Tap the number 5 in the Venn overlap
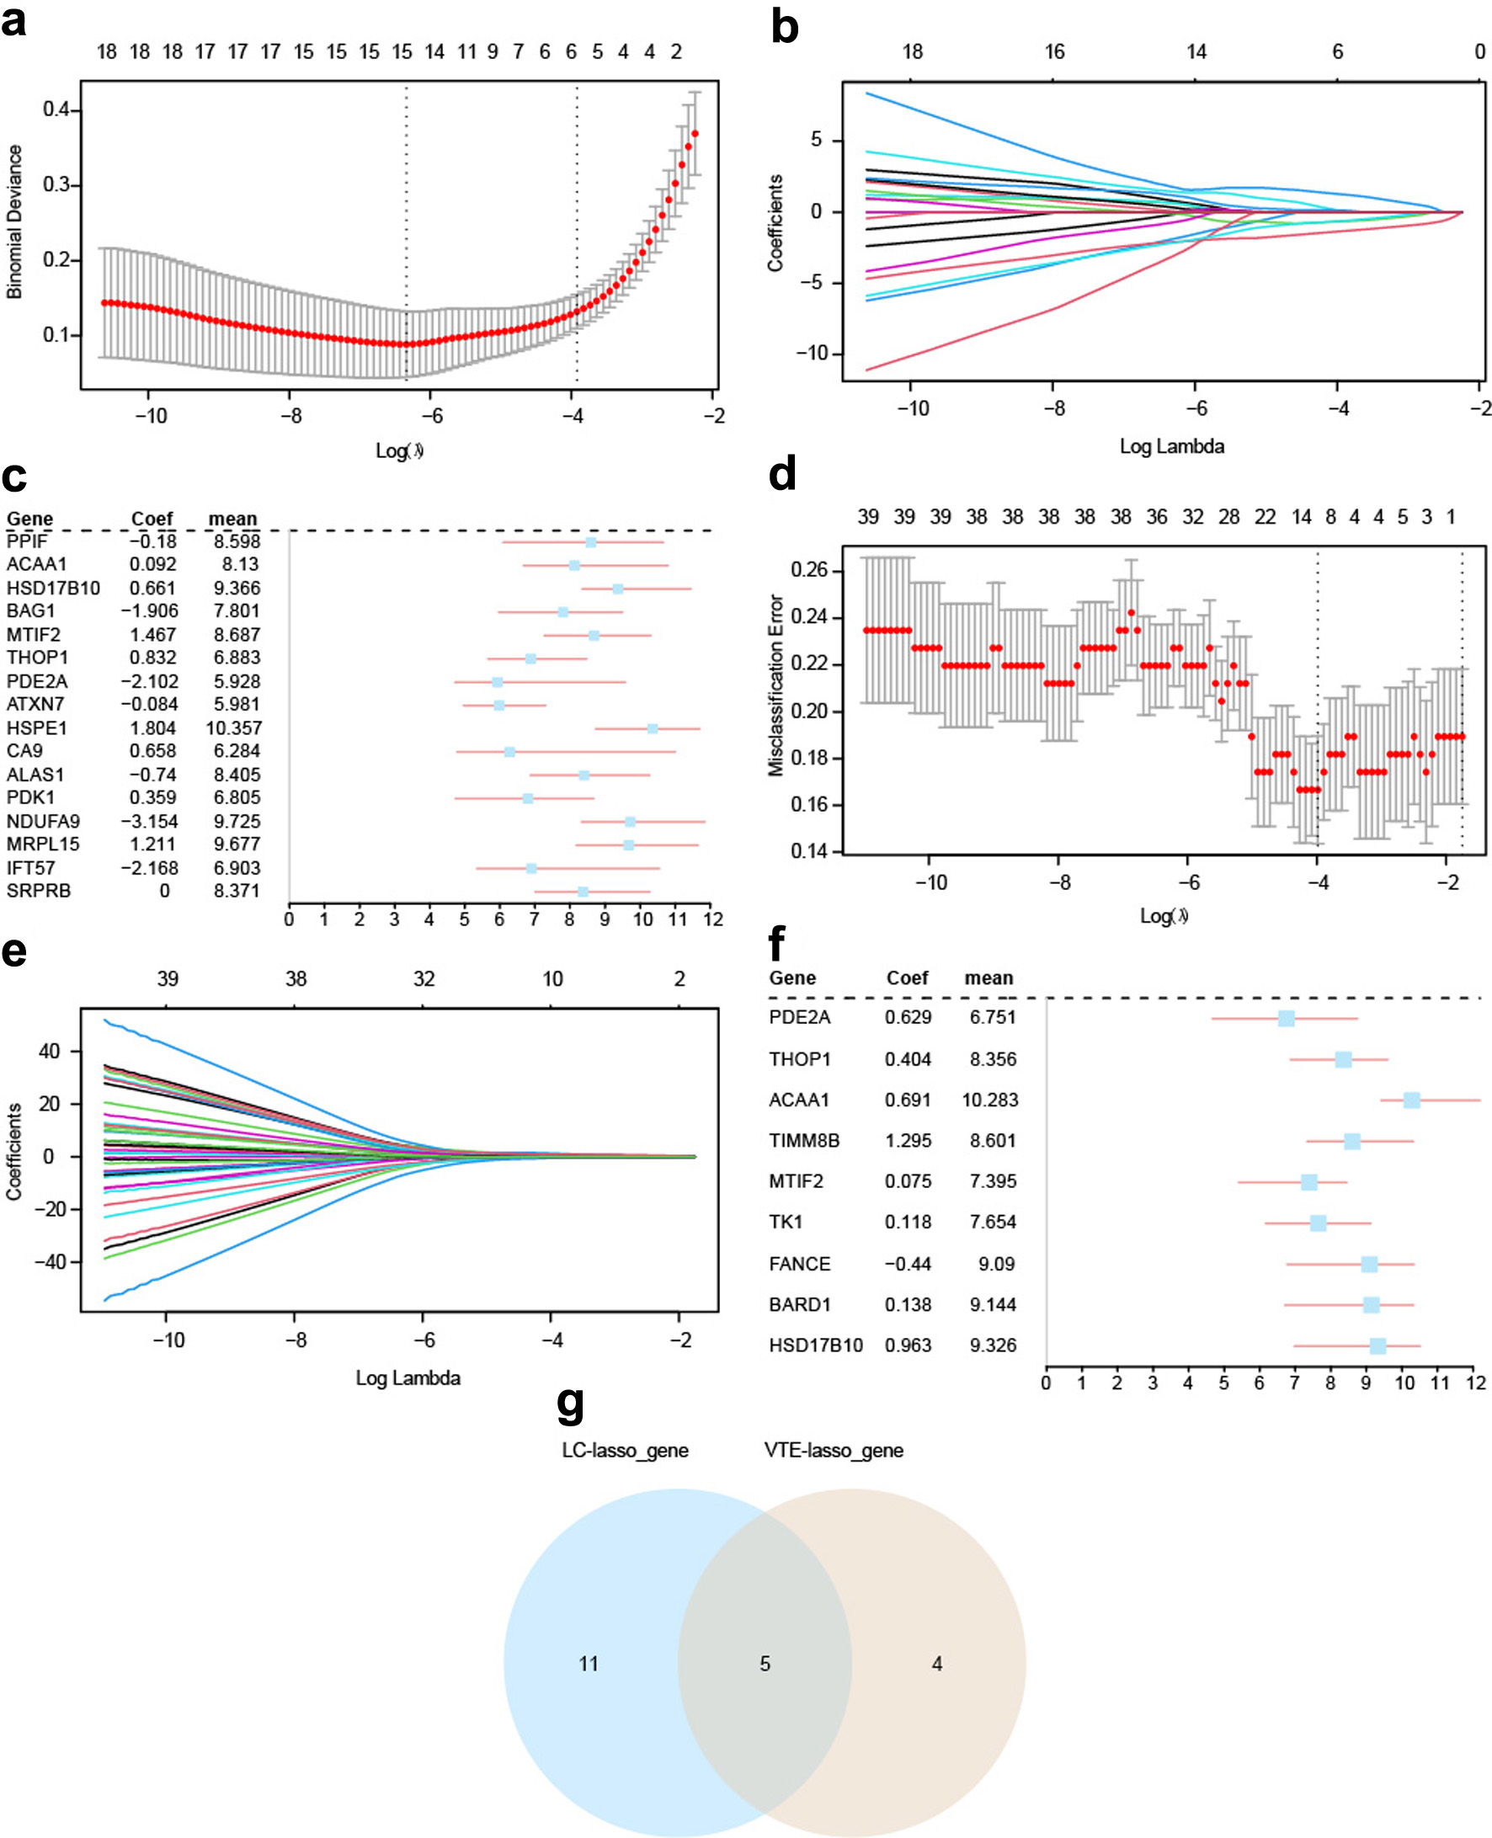[765, 1665]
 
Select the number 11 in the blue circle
[589, 1665]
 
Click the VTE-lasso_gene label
[834, 1451]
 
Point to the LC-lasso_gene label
[625, 1451]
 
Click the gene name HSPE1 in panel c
[37, 727]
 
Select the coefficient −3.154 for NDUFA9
[150, 822]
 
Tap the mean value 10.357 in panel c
[234, 727]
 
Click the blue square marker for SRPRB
[583, 892]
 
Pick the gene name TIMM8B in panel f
[804, 1140]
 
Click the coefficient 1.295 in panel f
[909, 1140]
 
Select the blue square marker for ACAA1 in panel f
[1411, 1100]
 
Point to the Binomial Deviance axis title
[13, 221]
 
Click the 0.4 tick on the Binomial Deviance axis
[56, 109]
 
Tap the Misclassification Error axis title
[776, 685]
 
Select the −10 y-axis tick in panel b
[813, 353]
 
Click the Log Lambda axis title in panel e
[408, 1378]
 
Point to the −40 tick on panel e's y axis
[49, 1261]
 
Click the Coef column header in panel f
[908, 978]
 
